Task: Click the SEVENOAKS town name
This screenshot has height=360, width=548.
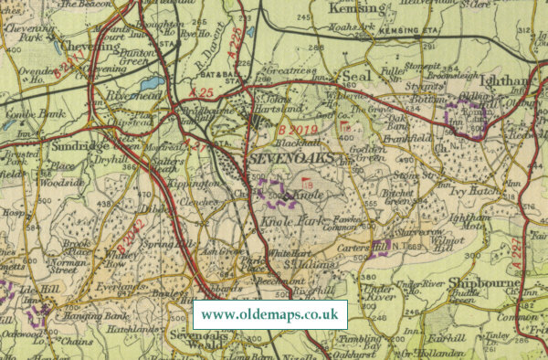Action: [x=290, y=160]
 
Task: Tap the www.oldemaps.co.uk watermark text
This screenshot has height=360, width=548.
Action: [x=269, y=314]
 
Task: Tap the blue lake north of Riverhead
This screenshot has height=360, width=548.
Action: [x=153, y=82]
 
